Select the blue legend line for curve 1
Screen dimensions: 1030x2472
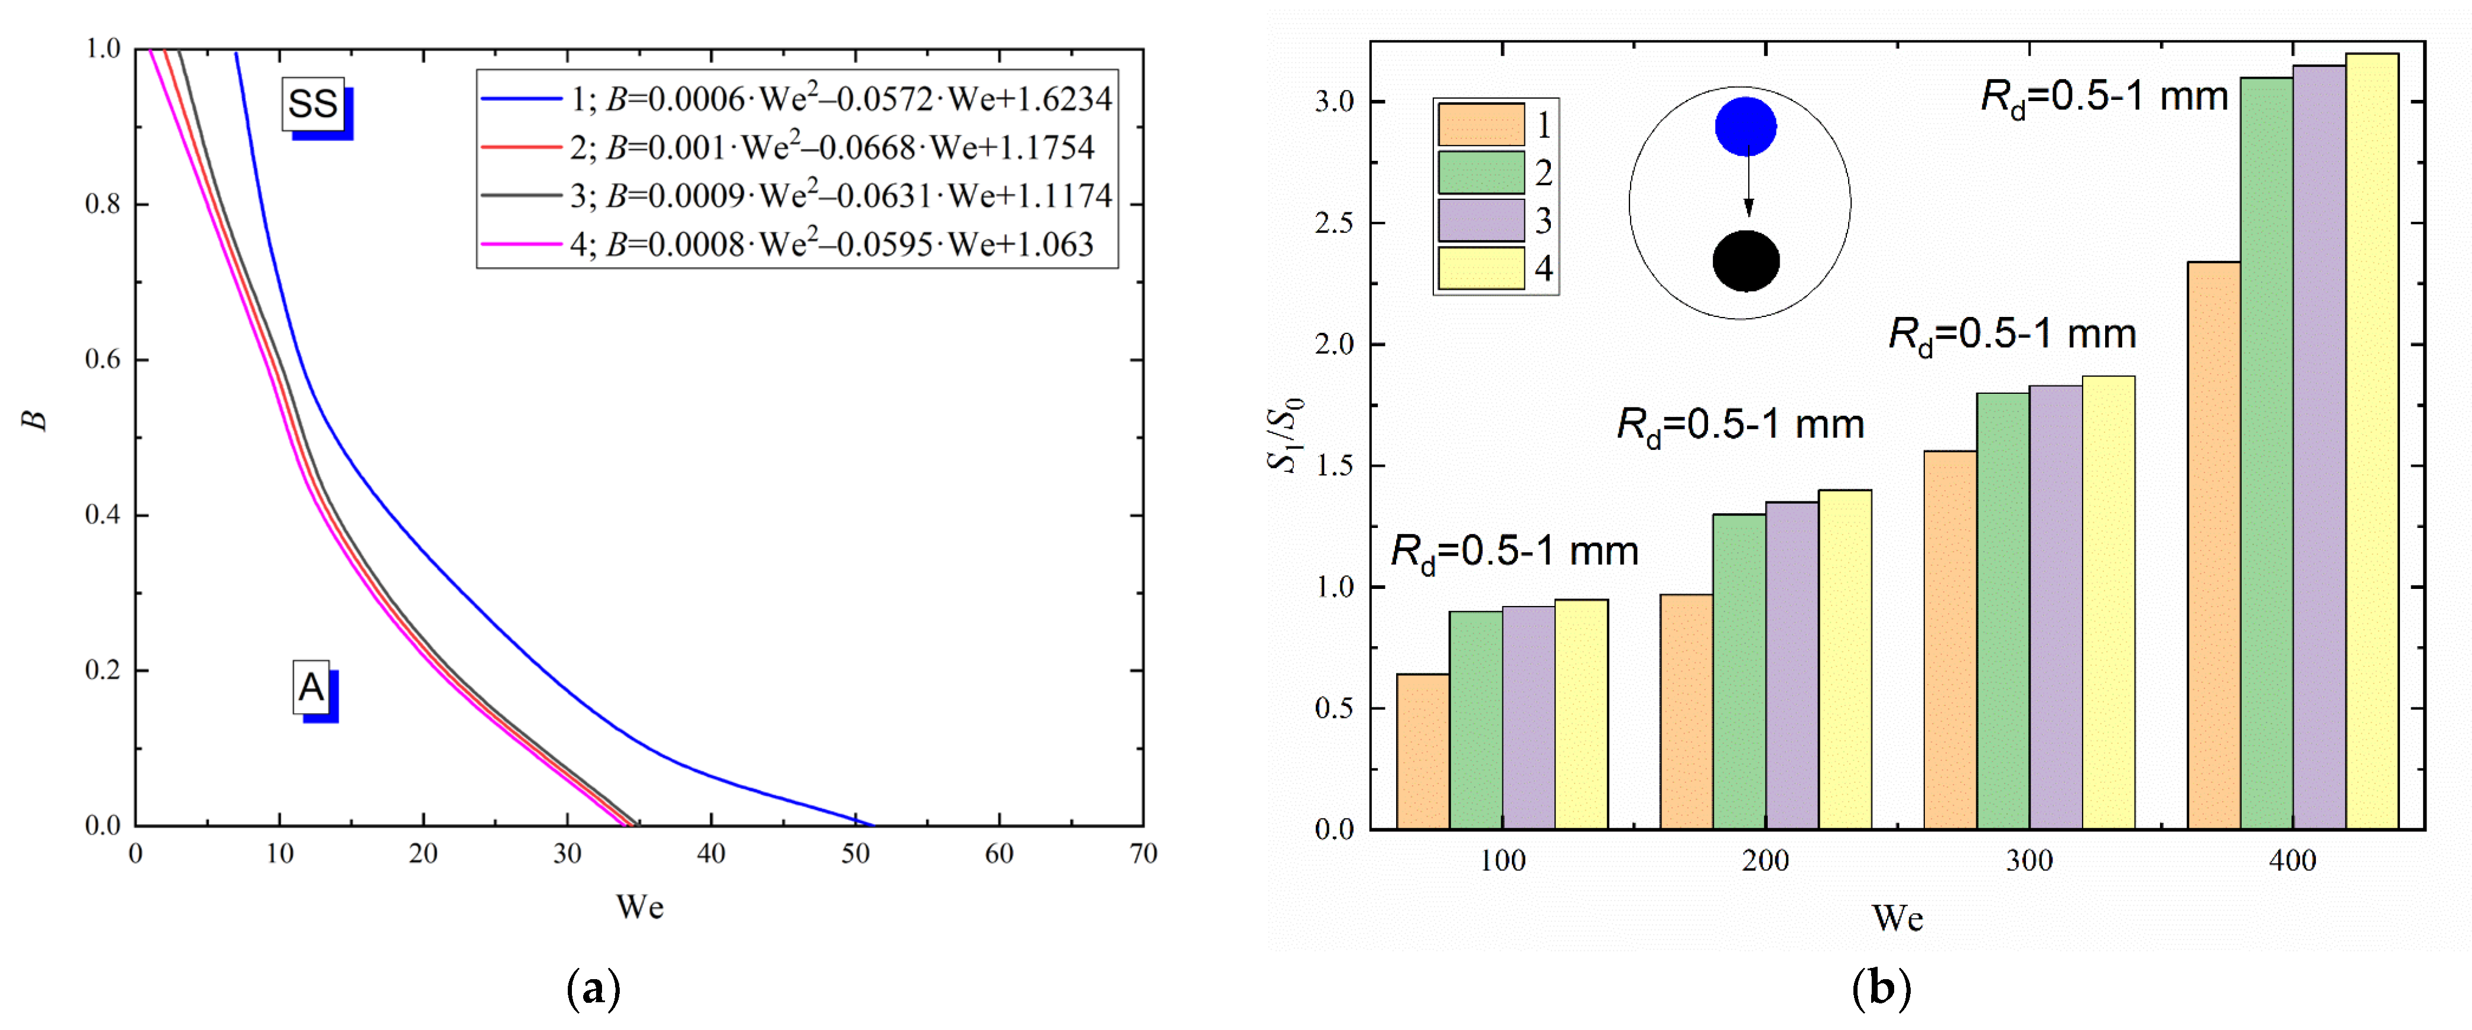521,98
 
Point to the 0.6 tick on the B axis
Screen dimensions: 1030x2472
103,360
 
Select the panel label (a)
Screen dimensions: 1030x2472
594,989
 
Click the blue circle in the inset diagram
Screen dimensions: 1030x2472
1745,127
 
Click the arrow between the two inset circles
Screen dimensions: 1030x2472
1748,182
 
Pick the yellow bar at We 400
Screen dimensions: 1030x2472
2371,442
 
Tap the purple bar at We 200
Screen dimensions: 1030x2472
1791,665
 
